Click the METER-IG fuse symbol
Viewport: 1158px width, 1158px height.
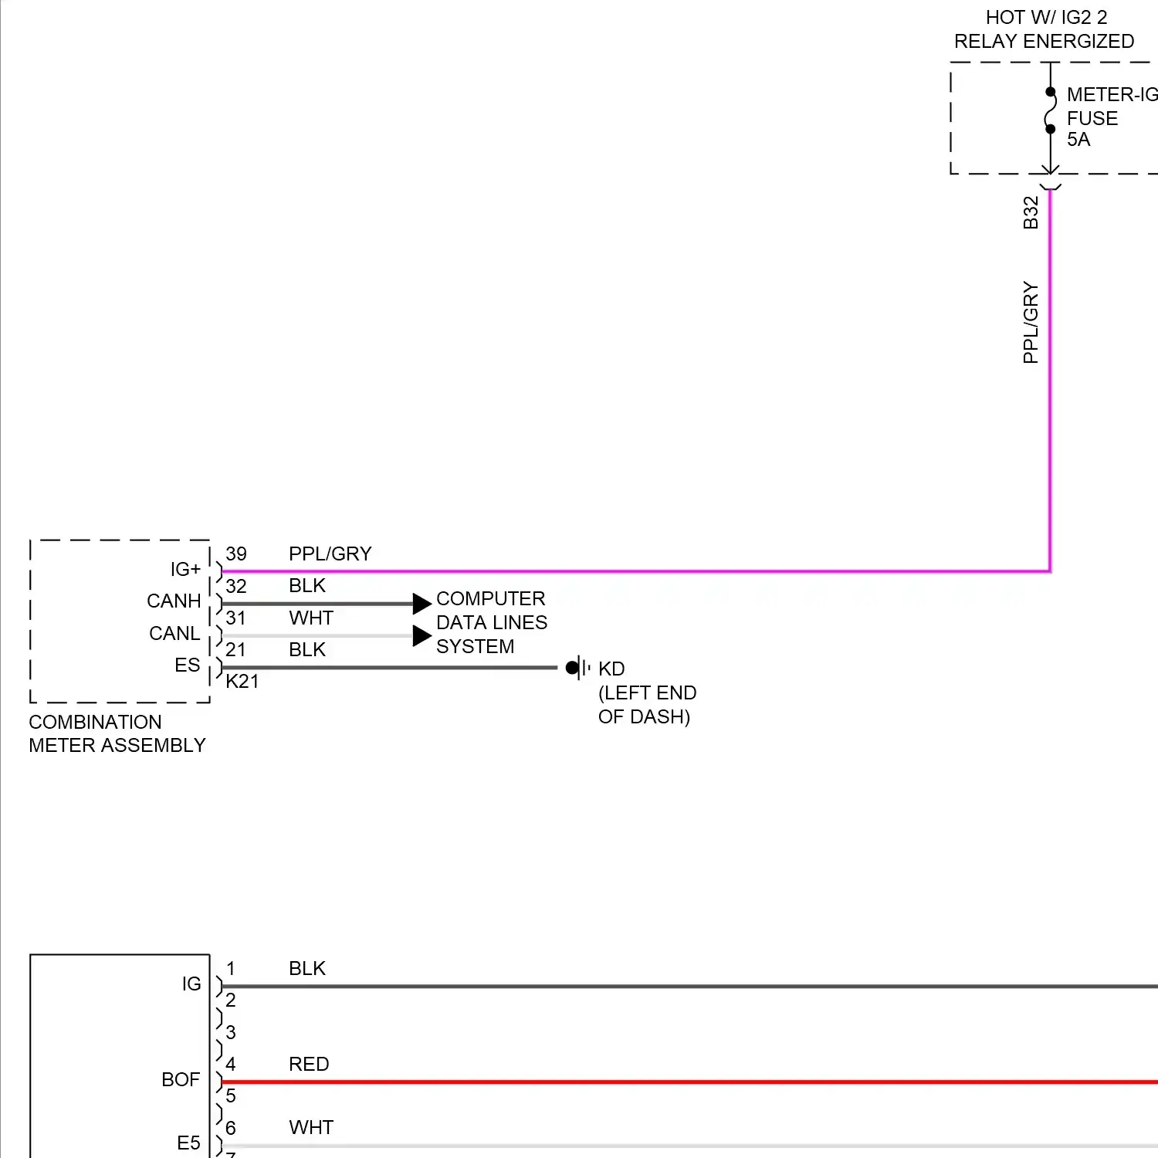[x=1050, y=110]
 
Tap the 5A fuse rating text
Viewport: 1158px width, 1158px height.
[x=1078, y=140]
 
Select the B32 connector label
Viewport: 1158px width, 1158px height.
[x=1031, y=212]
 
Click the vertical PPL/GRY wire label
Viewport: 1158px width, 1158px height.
[x=1031, y=322]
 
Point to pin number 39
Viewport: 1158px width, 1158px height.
[x=236, y=554]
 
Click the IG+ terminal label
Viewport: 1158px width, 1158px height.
[x=185, y=569]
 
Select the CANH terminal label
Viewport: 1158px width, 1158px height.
[x=174, y=601]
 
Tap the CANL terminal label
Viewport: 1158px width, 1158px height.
[x=174, y=633]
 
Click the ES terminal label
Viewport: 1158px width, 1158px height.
[x=187, y=665]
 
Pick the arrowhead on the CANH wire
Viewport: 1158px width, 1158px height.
[x=422, y=603]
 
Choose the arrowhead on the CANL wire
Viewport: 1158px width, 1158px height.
[x=422, y=635]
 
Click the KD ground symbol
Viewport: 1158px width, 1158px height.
[x=578, y=668]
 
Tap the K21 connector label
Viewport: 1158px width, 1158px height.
[x=242, y=681]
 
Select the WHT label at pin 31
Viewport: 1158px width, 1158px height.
[x=311, y=618]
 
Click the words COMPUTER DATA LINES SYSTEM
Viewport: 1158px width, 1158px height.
[x=492, y=622]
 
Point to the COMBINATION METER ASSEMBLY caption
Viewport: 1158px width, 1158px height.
[x=117, y=733]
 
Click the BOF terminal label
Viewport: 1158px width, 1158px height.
[x=181, y=1079]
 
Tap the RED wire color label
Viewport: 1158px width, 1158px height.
[x=309, y=1064]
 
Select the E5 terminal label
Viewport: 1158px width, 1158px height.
[x=188, y=1143]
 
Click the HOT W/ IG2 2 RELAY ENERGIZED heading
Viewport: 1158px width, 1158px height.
[x=1045, y=29]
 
